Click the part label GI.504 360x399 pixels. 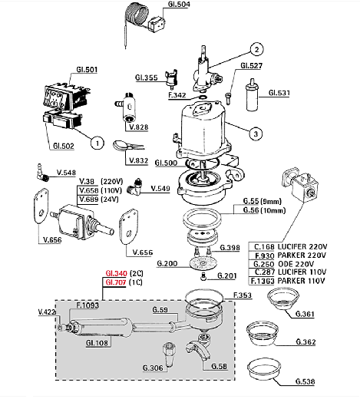click(180, 5)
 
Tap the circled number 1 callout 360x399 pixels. click(97, 142)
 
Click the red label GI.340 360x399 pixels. click(115, 272)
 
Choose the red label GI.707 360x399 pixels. click(115, 282)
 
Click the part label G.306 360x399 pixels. click(153, 368)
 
